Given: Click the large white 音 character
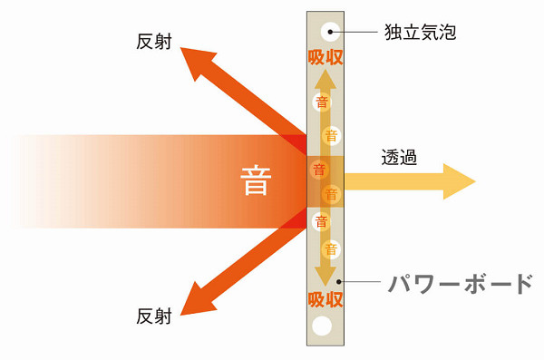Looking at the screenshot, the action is [x=256, y=180].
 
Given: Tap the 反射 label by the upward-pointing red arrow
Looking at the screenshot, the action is [x=154, y=42].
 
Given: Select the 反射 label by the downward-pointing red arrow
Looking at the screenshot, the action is [x=154, y=316].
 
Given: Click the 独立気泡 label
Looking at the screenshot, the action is [x=420, y=32].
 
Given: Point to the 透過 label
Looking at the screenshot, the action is [x=399, y=157].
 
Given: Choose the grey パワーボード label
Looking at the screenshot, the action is [x=461, y=284].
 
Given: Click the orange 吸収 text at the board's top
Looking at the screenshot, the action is [x=325, y=57].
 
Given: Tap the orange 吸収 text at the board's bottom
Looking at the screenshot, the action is [x=325, y=299].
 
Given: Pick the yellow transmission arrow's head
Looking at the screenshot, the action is [x=457, y=181].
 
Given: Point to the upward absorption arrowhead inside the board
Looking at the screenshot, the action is [x=325, y=80].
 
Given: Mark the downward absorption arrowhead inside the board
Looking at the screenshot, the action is [x=325, y=277].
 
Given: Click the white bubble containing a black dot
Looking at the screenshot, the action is [x=330, y=32].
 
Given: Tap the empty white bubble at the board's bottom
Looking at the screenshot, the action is [x=322, y=326].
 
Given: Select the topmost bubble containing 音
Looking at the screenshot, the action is [x=322, y=102].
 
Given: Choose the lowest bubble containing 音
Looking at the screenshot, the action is [x=331, y=249].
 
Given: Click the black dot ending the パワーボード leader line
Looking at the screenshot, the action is [x=339, y=281].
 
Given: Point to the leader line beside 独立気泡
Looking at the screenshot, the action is [x=355, y=32].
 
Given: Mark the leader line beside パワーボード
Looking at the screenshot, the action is [x=360, y=281].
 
